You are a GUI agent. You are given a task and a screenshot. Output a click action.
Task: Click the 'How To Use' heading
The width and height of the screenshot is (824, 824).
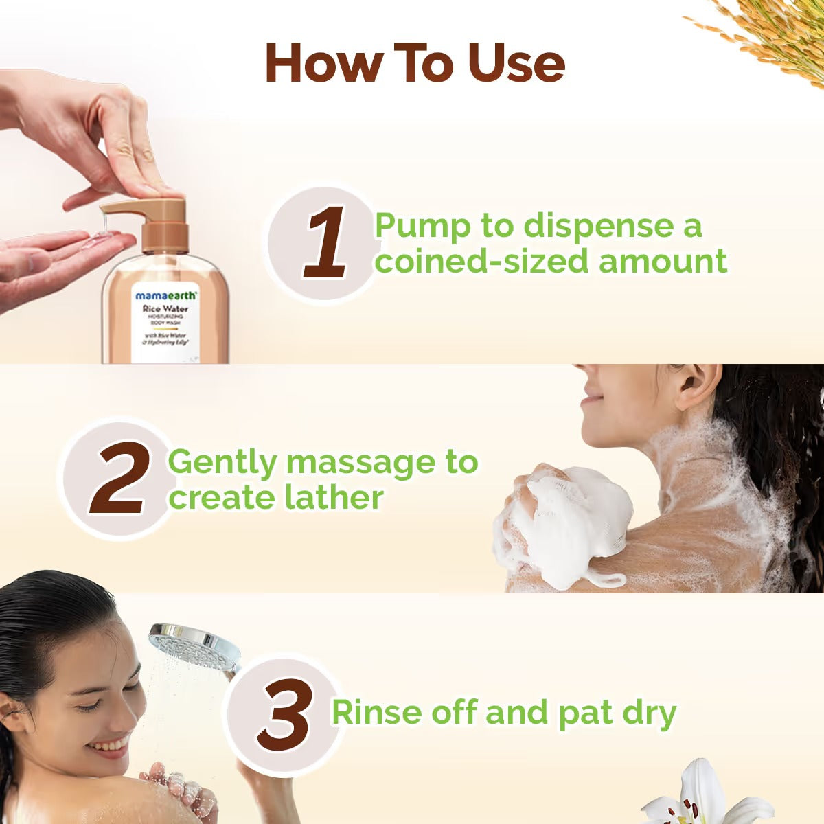(415, 63)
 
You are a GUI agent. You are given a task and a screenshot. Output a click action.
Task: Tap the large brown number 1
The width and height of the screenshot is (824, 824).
(325, 243)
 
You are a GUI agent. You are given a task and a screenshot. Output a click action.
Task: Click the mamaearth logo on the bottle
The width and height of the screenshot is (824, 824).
(165, 295)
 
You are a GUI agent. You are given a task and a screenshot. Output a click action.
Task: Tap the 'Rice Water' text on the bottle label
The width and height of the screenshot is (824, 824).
(165, 309)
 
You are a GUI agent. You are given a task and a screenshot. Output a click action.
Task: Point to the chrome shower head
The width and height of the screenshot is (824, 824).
(194, 644)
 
